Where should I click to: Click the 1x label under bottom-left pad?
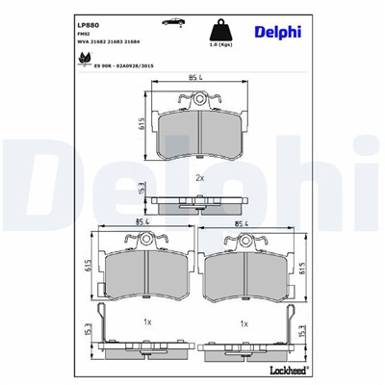(x=146, y=323)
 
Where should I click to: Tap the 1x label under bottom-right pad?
(x=244, y=323)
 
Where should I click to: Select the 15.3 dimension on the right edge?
(x=302, y=330)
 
